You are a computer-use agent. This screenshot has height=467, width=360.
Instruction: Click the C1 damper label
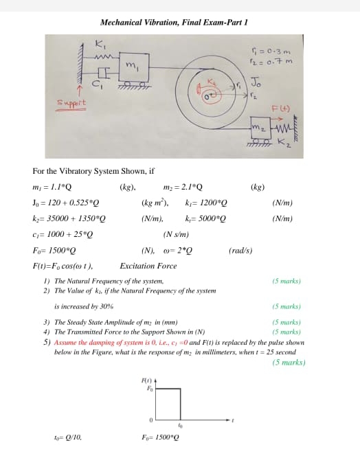[x=97, y=84]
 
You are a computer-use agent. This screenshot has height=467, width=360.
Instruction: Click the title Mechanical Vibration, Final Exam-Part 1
[x=173, y=22]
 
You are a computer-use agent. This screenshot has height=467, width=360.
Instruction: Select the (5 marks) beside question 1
[x=286, y=281]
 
